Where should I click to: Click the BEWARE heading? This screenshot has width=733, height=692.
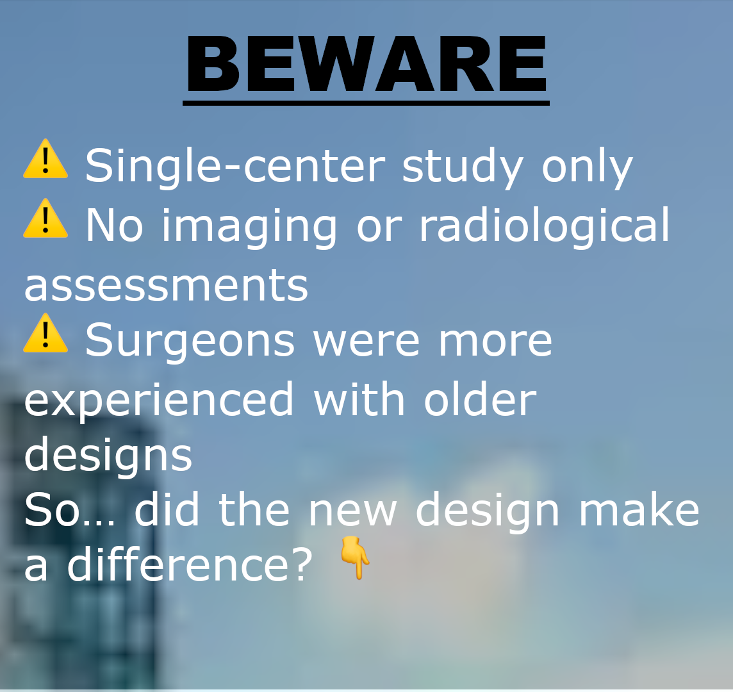tap(366, 64)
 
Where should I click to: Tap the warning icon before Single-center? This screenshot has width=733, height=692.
tap(45, 159)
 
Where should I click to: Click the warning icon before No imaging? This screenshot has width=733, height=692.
tap(45, 218)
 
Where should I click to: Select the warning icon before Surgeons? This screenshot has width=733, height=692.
tap(45, 333)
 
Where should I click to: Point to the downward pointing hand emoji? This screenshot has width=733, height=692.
tap(355, 558)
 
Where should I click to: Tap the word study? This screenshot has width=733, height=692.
tap(463, 167)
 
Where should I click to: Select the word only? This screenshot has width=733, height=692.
tap(587, 167)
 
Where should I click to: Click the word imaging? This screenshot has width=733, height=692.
tap(249, 226)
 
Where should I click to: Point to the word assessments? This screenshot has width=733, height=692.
tap(166, 285)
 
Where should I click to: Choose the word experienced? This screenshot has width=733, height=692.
tap(158, 400)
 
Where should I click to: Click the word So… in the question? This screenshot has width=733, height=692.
tap(70, 509)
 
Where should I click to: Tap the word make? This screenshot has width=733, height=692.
tap(639, 509)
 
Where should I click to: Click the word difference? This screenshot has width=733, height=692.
tap(190, 564)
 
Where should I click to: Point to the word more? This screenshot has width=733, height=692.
tap(495, 343)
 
